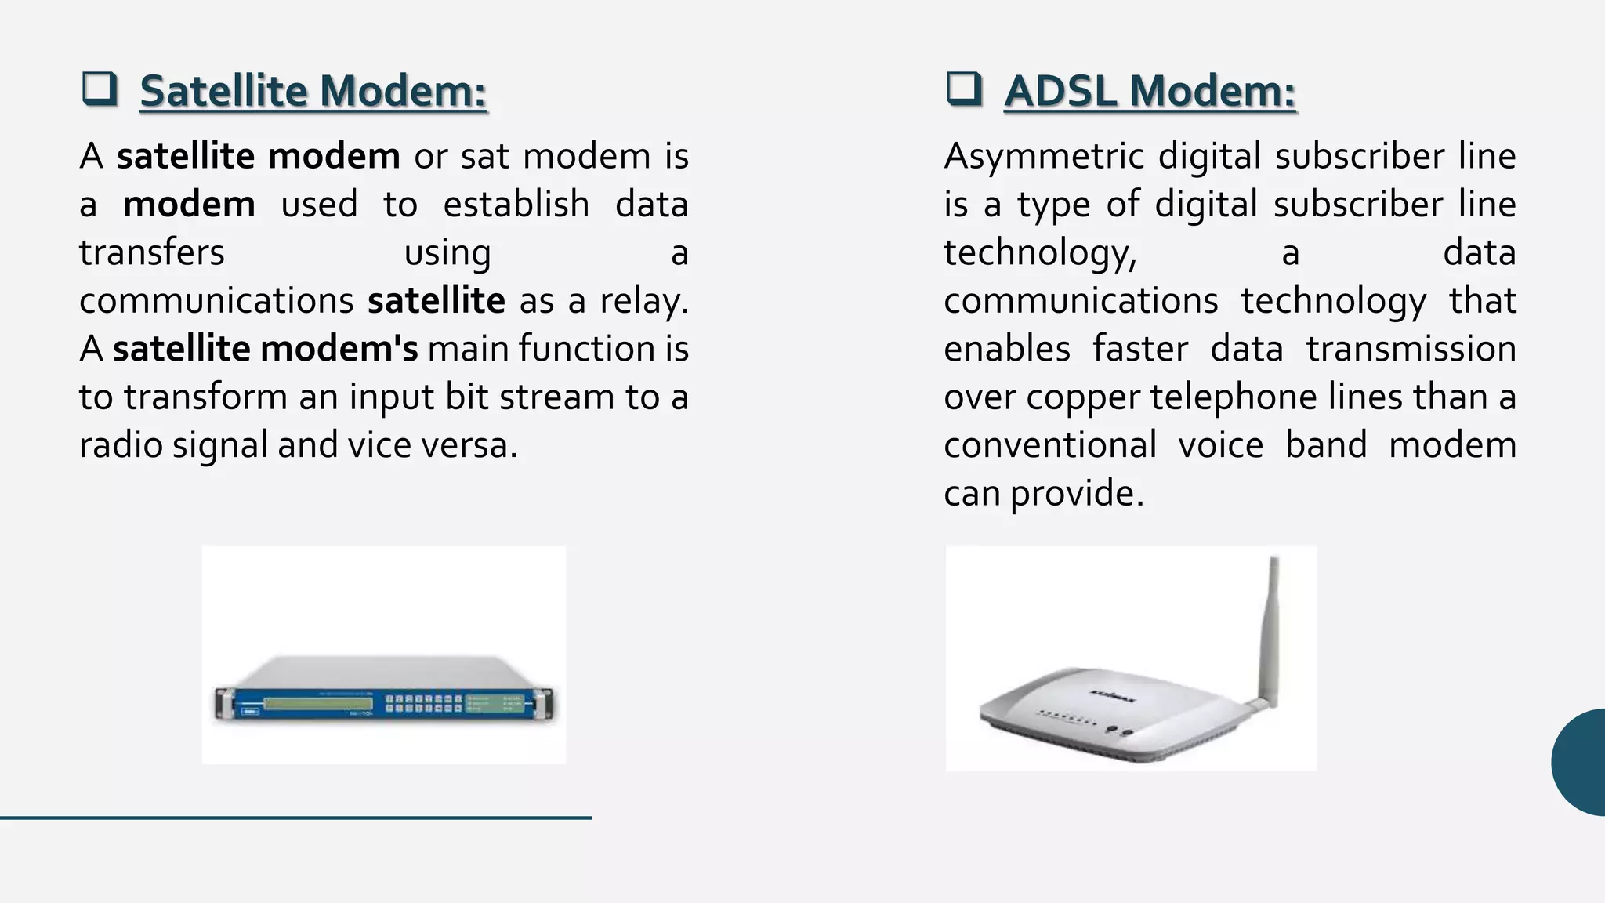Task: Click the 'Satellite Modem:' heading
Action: (x=313, y=92)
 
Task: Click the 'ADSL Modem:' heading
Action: (x=1150, y=92)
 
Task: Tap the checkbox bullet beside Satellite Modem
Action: (x=100, y=89)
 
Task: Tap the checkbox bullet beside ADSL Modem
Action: (x=964, y=89)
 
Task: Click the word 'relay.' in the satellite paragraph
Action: (x=644, y=301)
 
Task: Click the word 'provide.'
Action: (x=1077, y=494)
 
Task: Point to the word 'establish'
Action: (x=516, y=205)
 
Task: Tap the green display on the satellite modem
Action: (x=318, y=703)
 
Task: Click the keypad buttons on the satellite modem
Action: (x=423, y=703)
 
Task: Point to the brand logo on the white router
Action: (x=1113, y=695)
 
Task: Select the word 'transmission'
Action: (x=1411, y=349)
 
